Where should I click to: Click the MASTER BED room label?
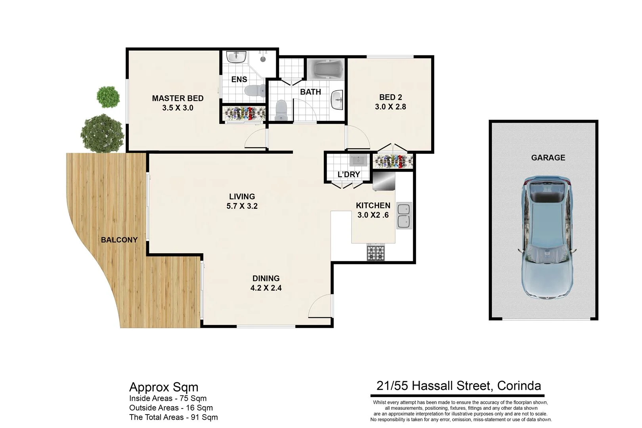pos(178,98)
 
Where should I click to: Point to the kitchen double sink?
pos(404,216)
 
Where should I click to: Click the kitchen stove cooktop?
pos(376,252)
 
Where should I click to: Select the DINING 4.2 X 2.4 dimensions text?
pos(266,288)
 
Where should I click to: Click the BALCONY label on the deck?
pos(119,240)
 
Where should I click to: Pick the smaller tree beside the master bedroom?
pos(107,96)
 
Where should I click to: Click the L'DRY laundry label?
pos(349,174)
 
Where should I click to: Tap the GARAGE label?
pos(548,157)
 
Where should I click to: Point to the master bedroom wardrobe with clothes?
pos(244,114)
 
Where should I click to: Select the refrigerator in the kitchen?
pos(384,180)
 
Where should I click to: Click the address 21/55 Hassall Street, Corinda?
pos(459,386)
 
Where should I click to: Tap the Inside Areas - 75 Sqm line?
pos(168,398)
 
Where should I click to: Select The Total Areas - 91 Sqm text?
pos(173,417)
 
